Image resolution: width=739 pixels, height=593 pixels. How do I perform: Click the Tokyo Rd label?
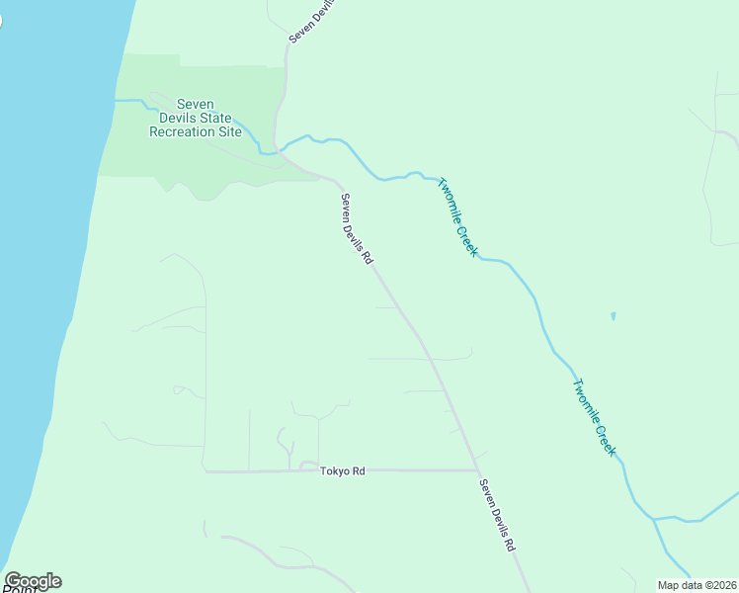343,471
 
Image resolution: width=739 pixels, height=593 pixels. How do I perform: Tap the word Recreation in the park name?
181,131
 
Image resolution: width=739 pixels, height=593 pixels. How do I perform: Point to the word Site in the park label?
228,131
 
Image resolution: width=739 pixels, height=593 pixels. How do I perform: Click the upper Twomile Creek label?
457,217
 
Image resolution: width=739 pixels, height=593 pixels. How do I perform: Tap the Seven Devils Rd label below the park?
356,228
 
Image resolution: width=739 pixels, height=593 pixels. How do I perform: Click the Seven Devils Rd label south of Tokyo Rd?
497,515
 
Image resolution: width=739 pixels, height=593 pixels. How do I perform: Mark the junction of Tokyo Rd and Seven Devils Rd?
477,470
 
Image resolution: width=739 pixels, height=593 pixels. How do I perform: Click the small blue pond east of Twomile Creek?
614,316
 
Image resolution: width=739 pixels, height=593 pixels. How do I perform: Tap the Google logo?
33,581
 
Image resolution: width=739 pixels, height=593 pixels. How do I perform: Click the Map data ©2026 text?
697,585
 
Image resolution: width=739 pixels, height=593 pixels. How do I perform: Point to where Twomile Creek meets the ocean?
117,100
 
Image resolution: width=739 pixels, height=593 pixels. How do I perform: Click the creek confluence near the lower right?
653,517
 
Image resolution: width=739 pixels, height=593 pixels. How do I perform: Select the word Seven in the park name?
196,104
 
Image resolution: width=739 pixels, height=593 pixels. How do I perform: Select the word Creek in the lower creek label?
605,436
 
